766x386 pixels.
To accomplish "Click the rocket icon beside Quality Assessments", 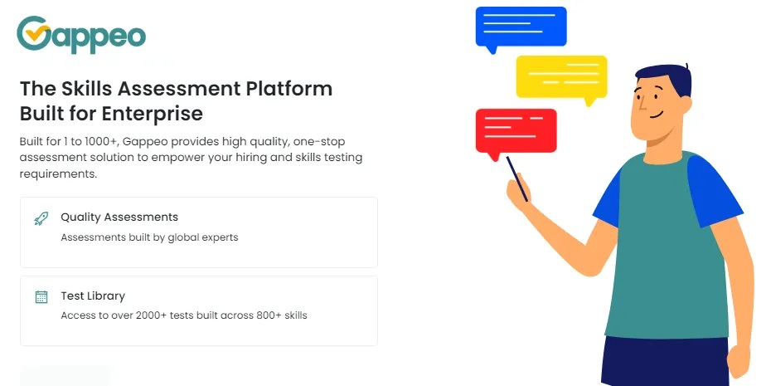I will pyautogui.click(x=41, y=218).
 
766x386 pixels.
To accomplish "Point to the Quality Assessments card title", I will pyautogui.click(x=119, y=217).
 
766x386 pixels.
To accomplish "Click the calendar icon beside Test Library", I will pyautogui.click(x=41, y=296).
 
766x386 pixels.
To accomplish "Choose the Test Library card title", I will pyautogui.click(x=93, y=296).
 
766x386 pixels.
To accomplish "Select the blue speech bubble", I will pyautogui.click(x=521, y=27).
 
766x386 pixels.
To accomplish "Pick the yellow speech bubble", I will pyautogui.click(x=561, y=76).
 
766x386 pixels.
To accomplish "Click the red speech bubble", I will pyautogui.click(x=515, y=130).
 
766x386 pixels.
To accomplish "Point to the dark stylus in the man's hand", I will pyautogui.click(x=517, y=178).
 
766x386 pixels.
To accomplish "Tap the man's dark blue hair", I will pyautogui.click(x=663, y=79).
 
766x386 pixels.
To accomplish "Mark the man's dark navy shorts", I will pyautogui.click(x=663, y=361).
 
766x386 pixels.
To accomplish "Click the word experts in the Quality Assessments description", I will pyautogui.click(x=221, y=237).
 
